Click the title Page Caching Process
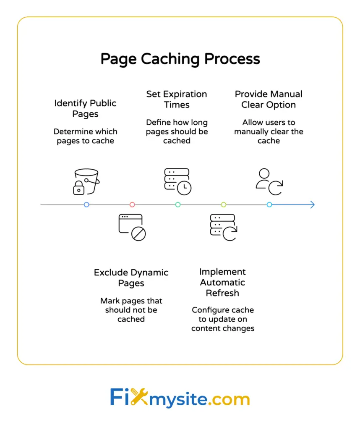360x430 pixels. (x=180, y=59)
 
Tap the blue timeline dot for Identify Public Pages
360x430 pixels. (x=86, y=205)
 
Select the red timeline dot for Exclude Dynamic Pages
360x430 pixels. (x=132, y=205)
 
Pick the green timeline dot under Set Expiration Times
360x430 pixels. (x=178, y=205)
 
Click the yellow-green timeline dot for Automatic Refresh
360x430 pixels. (x=224, y=205)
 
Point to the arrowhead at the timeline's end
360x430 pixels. (x=312, y=205)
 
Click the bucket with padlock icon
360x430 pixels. (x=86, y=182)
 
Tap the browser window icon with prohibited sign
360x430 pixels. (x=132, y=227)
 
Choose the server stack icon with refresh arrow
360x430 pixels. (x=223, y=227)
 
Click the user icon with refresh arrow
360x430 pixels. (x=269, y=182)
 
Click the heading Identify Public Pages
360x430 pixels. (x=85, y=108)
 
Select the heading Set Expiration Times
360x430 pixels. (x=177, y=100)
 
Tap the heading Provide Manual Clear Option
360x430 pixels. (x=269, y=100)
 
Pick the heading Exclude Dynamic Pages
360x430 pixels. (x=131, y=278)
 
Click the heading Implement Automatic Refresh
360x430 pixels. (x=222, y=282)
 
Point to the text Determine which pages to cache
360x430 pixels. (x=85, y=136)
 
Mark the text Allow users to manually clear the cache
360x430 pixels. (x=269, y=131)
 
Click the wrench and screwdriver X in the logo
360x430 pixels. (x=139, y=397)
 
